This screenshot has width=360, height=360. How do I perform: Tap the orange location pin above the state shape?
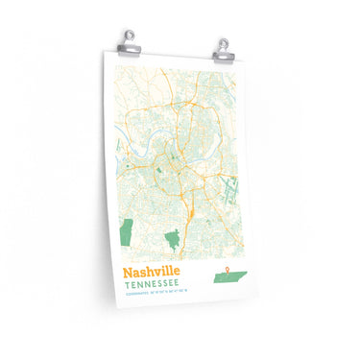[x=228, y=268]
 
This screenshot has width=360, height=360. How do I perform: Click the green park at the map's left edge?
[x=125, y=231]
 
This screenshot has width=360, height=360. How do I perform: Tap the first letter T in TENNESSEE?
[x=125, y=285]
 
